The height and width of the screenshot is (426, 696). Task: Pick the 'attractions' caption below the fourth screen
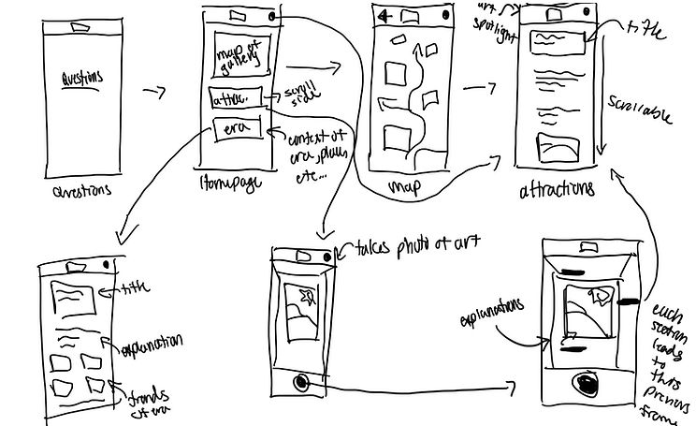point(557,189)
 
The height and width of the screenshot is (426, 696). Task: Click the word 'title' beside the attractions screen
point(645,34)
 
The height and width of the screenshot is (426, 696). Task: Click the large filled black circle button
point(587,384)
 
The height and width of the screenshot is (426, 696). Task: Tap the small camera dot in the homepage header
point(271,16)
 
